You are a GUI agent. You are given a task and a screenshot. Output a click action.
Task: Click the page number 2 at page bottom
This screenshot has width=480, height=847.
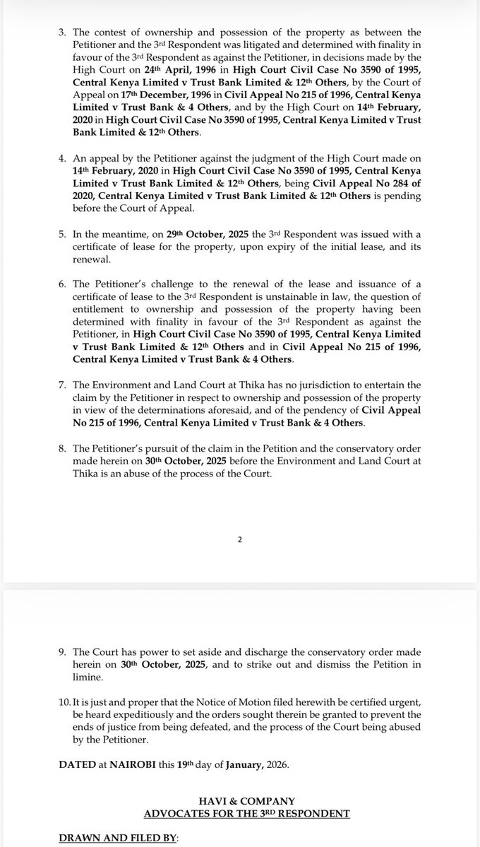coord(239,540)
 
